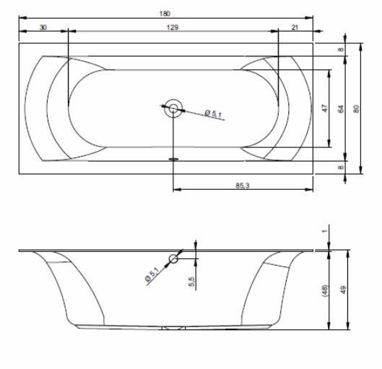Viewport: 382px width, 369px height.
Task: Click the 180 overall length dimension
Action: [165, 14]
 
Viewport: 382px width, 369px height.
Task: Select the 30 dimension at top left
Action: [43, 27]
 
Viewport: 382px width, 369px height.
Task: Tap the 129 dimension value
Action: [173, 27]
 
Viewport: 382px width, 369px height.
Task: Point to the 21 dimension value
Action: [295, 27]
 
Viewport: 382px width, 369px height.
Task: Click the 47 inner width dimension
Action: [325, 108]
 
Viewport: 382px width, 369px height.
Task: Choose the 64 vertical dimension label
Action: [341, 109]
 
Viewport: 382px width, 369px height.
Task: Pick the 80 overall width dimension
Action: [356, 108]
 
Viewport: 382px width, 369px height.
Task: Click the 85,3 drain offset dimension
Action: [243, 186]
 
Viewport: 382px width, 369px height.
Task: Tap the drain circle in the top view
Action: [173, 108]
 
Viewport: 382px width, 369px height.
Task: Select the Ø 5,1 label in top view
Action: [213, 114]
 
